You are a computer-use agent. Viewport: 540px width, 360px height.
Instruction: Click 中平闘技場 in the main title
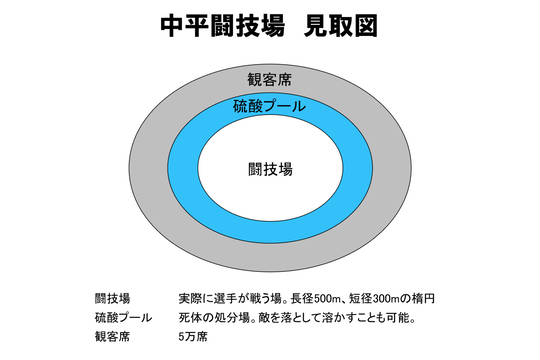[222, 26]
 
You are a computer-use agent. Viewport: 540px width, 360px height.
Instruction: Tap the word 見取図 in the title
[341, 26]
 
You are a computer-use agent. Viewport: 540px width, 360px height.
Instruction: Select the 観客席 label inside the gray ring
[270, 80]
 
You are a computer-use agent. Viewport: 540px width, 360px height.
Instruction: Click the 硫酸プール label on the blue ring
[269, 106]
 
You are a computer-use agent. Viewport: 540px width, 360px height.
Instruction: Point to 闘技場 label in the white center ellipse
[270, 169]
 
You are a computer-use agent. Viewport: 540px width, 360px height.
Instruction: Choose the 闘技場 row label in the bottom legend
[113, 298]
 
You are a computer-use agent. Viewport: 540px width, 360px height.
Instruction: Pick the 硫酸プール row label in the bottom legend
[123, 317]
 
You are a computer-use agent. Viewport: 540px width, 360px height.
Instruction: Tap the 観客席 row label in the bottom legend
[113, 336]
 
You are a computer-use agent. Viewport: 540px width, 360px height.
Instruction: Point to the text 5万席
[193, 336]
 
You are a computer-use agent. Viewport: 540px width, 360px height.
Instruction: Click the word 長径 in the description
[302, 298]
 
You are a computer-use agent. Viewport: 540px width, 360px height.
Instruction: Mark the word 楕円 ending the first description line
[423, 298]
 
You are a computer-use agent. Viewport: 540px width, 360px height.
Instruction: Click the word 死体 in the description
[190, 317]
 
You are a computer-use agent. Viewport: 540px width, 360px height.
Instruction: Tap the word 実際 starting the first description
[190, 298]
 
